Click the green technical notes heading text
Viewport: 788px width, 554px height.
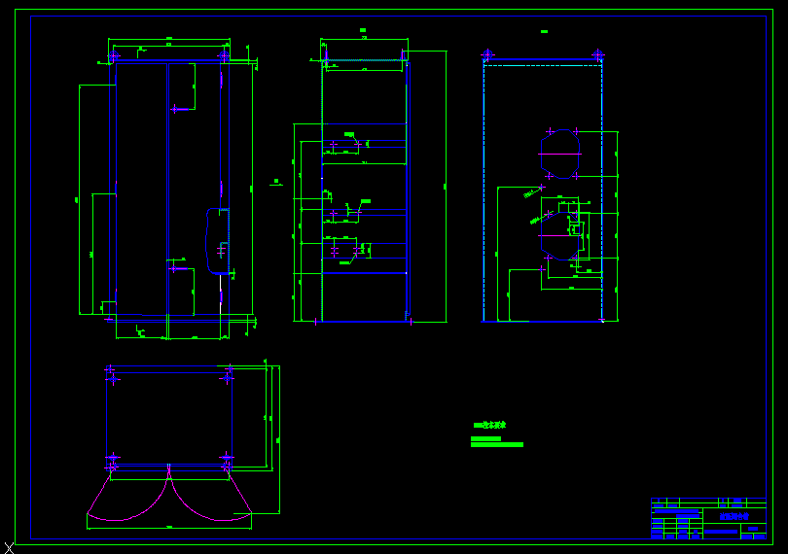coord(489,425)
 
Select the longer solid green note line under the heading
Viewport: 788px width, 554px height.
coord(497,445)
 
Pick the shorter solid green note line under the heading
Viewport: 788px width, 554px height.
coord(485,438)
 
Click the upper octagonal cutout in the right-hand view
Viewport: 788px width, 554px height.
coord(560,154)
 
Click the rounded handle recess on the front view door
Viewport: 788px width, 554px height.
coord(217,240)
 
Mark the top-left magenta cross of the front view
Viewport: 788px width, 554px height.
coord(112,56)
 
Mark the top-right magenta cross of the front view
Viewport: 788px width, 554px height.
coord(225,56)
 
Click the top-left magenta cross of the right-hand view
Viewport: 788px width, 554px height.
coord(487,55)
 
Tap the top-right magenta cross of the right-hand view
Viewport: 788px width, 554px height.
coord(597,55)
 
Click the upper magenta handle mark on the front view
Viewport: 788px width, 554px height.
coord(176,109)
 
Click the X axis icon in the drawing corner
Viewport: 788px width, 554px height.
coord(9,548)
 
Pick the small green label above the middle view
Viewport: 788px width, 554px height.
coord(363,31)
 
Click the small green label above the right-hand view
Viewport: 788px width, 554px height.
coord(543,31)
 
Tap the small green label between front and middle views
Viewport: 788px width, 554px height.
coord(276,181)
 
